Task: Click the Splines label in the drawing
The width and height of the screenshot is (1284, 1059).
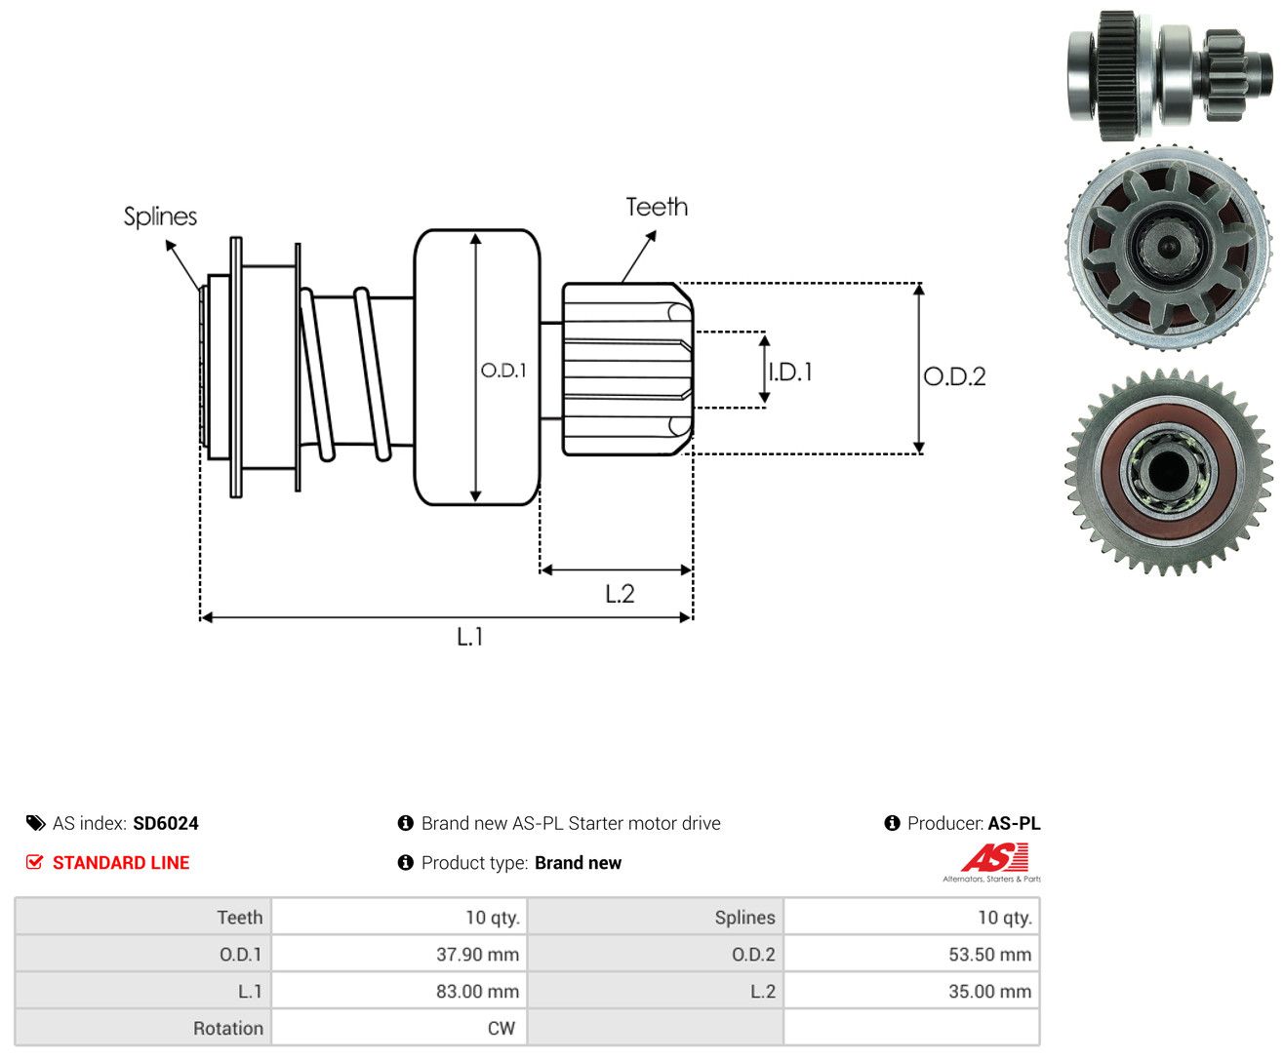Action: (x=160, y=216)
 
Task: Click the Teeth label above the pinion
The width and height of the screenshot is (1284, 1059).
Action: (x=656, y=207)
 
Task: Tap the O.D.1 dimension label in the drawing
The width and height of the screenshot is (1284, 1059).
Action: (x=503, y=370)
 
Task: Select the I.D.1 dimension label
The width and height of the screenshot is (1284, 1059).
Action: (x=790, y=372)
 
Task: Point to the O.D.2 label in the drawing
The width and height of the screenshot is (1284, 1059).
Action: (x=954, y=376)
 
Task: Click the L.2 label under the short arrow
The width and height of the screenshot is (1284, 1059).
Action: (x=619, y=593)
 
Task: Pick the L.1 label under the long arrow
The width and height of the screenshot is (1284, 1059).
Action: (x=469, y=636)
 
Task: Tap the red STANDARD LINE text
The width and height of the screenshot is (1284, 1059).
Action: (x=121, y=862)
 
